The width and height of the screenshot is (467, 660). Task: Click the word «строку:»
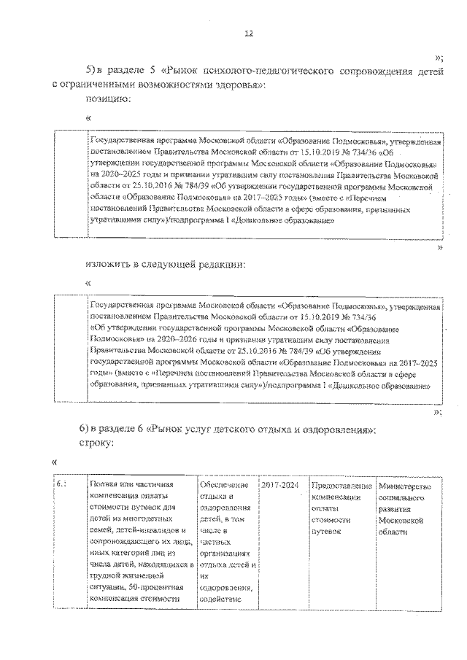click(98, 443)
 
